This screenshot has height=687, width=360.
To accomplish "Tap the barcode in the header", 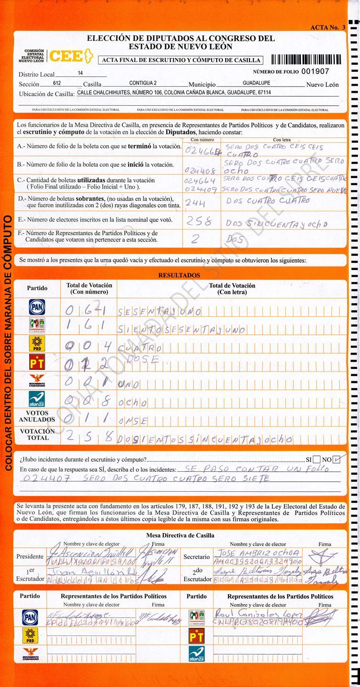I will (x=306, y=60).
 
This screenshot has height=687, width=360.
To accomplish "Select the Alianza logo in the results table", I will (x=37, y=399).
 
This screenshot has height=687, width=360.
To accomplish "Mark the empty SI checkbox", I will (x=317, y=459).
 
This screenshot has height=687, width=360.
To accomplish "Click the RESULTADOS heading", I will (x=179, y=275).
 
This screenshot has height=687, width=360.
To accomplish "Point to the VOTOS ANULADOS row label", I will (x=37, y=417).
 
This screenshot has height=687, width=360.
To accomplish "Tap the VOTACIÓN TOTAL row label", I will (x=37, y=434).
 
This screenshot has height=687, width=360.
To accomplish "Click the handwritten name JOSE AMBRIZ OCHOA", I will (x=258, y=553).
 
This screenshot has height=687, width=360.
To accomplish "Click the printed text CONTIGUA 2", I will (x=142, y=83).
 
